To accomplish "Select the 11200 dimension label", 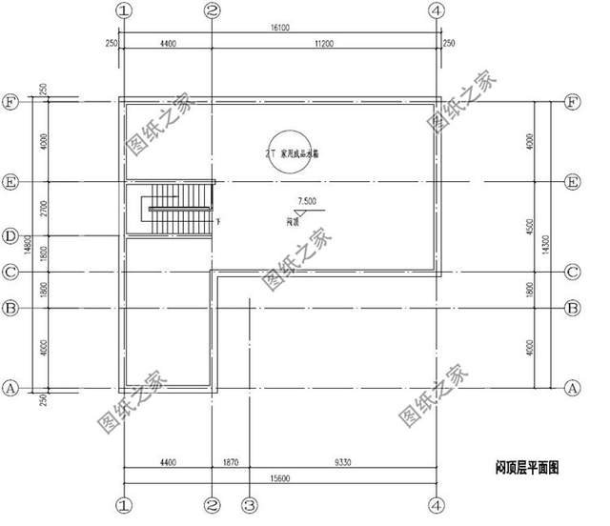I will click(x=324, y=43).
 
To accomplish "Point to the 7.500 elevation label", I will click(x=307, y=201).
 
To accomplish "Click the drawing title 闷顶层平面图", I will click(x=526, y=468).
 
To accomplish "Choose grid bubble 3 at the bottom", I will click(x=249, y=503).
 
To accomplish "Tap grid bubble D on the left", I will click(x=10, y=235).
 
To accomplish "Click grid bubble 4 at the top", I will click(x=437, y=10).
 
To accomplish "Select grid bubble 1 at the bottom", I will click(x=122, y=503).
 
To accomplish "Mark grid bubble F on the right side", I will click(x=573, y=100).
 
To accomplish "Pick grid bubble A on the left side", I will click(x=10, y=389).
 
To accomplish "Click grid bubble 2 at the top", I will click(x=213, y=10).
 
